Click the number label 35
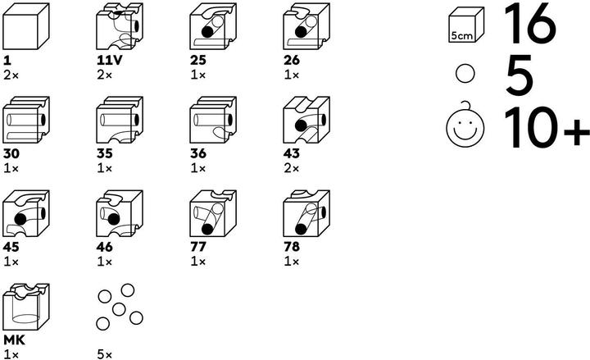[104, 153]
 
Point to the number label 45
[11, 246]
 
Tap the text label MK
[13, 339]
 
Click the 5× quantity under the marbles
[102, 353]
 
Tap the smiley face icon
[465, 129]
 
